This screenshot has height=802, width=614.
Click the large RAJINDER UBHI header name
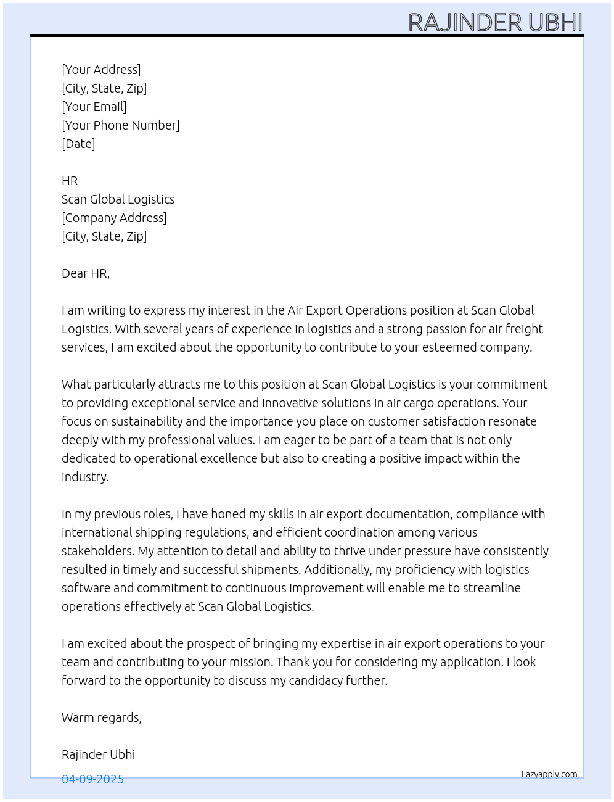pos(495,22)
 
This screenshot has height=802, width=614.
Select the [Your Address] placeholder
pos(101,70)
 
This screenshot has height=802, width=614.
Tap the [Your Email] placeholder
pos(94,107)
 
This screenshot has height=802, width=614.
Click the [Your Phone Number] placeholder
pos(121,125)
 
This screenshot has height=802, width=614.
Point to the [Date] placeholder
pos(78,144)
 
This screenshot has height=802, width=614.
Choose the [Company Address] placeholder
pos(114,218)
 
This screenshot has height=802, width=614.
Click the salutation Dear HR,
pos(86,273)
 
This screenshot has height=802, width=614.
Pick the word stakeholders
pos(97,551)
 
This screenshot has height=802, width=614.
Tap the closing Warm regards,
pos(102,717)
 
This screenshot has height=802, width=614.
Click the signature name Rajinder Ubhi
pos(99,754)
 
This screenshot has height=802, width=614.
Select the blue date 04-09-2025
pos(92,779)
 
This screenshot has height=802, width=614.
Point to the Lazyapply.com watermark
pos(549,774)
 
